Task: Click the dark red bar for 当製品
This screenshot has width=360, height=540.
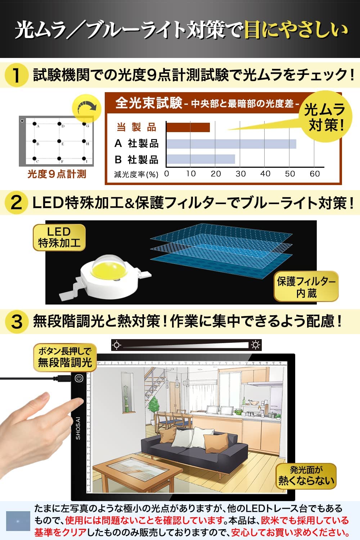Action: [188, 127]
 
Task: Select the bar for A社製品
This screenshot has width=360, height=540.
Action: [231, 144]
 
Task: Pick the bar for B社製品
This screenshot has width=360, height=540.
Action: [201, 159]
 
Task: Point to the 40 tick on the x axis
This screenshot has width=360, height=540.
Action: [265, 174]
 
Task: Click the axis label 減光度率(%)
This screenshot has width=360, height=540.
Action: [136, 174]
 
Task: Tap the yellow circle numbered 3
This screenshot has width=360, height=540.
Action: [16, 322]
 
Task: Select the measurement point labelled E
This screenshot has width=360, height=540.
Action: [59, 141]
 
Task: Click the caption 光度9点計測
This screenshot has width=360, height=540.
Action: [57, 174]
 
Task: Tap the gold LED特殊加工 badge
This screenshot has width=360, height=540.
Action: [59, 238]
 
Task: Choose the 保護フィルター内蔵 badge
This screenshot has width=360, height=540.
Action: [306, 287]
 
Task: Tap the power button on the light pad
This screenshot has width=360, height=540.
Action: [79, 378]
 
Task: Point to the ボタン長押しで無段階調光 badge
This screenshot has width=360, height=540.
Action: [65, 357]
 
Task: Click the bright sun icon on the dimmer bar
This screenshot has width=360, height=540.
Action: [255, 345]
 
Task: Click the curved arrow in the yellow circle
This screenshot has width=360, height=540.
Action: [87, 107]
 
